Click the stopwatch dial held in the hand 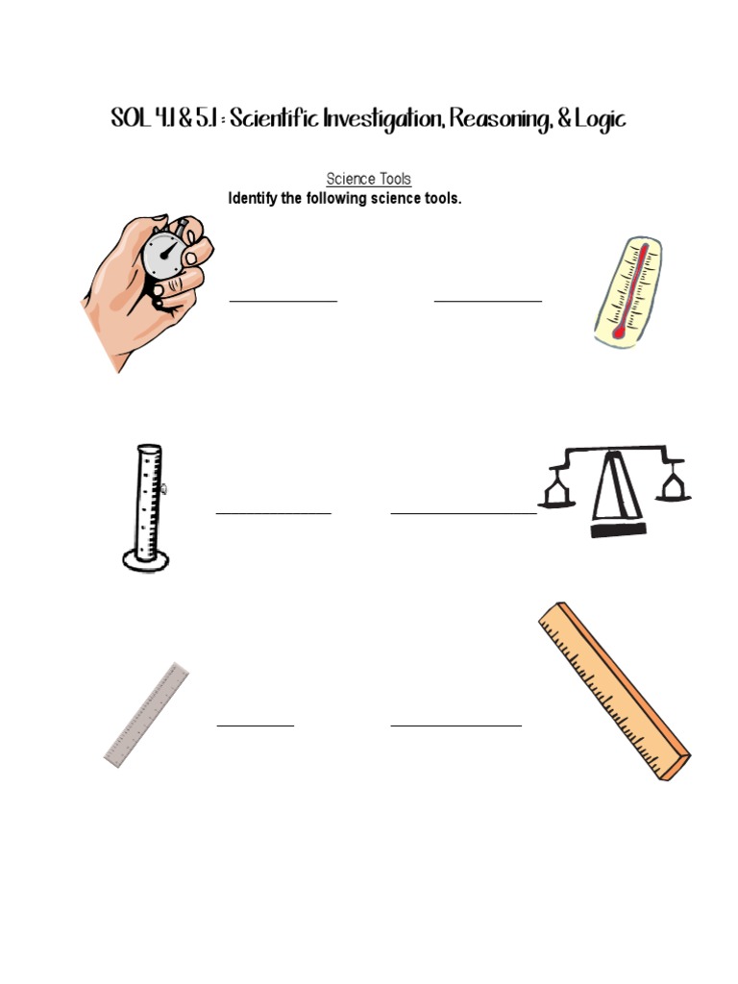(x=165, y=255)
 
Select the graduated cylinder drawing (x=148, y=506)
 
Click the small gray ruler (x=146, y=716)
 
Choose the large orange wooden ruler (x=613, y=691)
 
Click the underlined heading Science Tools (x=369, y=179)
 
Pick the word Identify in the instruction (x=252, y=199)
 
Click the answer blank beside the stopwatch (x=283, y=301)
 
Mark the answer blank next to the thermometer (x=488, y=301)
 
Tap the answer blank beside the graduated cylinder (x=274, y=513)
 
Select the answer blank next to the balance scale (x=463, y=513)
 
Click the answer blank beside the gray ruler (x=256, y=726)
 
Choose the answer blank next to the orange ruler (x=456, y=726)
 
